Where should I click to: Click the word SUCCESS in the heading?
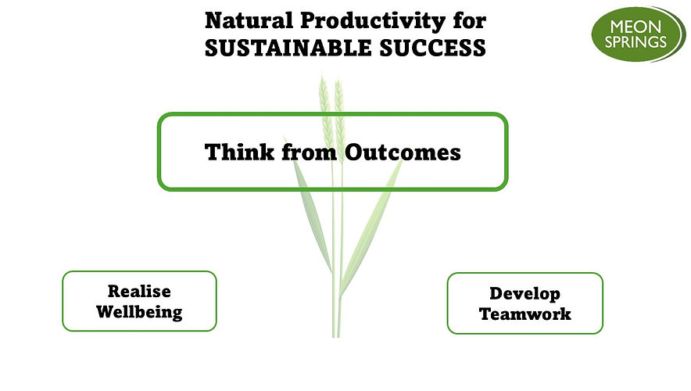point(435,48)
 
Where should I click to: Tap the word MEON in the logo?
point(636,23)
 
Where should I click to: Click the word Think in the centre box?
point(231,152)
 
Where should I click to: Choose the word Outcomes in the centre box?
point(402,152)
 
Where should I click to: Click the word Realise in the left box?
point(139,292)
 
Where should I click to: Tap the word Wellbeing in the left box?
point(139,312)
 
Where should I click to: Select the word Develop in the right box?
point(525,294)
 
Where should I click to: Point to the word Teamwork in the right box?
point(525,314)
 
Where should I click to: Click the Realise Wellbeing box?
point(139,301)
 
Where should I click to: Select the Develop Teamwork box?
point(525,303)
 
